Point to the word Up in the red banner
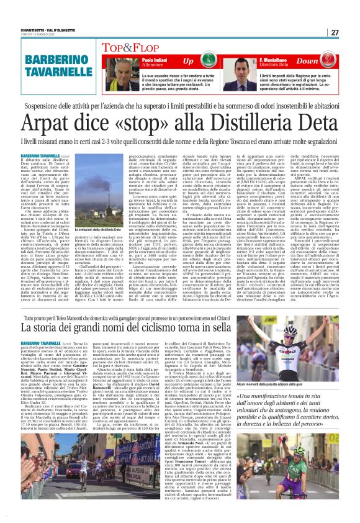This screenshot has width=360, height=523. tap(187, 61)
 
